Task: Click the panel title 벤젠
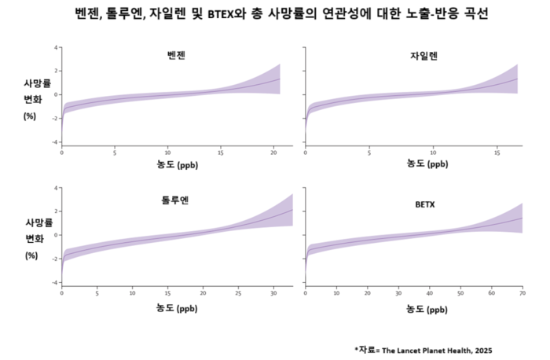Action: tap(177, 56)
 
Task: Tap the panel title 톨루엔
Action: tap(177, 199)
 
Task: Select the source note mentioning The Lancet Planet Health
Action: tap(424, 349)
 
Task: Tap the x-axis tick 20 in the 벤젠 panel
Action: tap(273, 152)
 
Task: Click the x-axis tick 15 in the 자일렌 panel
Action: tap(498, 152)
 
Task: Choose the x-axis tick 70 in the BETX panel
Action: tap(522, 292)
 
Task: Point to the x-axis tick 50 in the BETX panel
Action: tap(460, 292)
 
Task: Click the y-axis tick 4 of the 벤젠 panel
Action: tap(57, 48)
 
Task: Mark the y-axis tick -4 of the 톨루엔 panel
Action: tap(55, 282)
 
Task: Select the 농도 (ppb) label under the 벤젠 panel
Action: tap(177, 165)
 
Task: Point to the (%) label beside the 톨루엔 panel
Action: tap(31, 255)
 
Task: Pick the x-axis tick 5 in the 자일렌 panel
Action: tap(369, 152)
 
